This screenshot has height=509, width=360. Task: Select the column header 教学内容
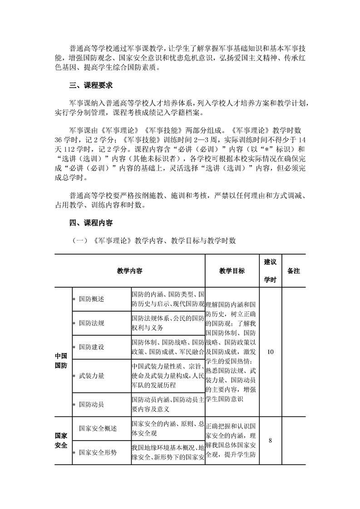click(129, 271)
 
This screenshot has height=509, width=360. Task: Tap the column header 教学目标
click(232, 271)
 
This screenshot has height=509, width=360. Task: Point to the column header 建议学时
click(271, 271)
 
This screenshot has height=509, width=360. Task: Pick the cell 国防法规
click(91, 323)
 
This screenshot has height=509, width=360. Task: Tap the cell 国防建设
click(91, 347)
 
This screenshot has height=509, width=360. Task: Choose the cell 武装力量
click(91, 376)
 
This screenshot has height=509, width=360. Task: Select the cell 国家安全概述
click(98, 428)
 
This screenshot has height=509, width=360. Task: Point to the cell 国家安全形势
click(98, 452)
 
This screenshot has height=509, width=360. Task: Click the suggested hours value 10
click(271, 352)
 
